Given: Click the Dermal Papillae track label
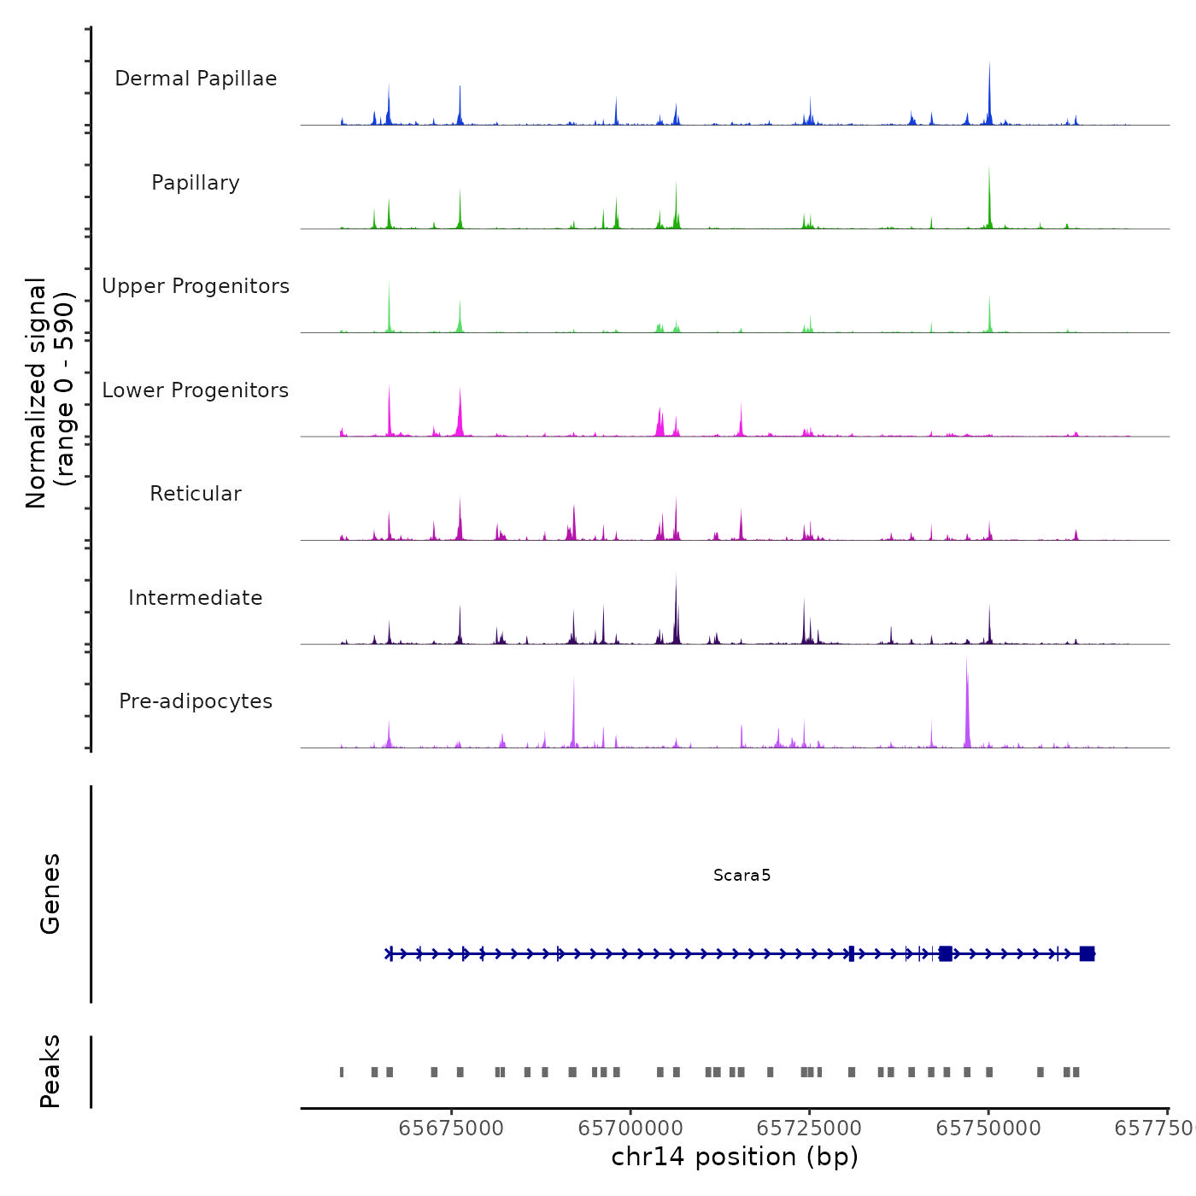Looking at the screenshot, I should pyautogui.click(x=196, y=79).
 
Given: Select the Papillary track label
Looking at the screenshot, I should pyautogui.click(x=196, y=183).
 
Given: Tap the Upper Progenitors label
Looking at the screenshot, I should pyautogui.click(x=196, y=286).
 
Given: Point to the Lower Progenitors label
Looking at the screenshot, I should pyautogui.click(x=196, y=390).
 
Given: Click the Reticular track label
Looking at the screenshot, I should pyautogui.click(x=196, y=494).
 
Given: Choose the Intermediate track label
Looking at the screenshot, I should pyautogui.click(x=196, y=598).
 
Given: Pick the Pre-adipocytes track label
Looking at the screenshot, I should pyautogui.click(x=196, y=701).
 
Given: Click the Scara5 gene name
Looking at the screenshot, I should pyautogui.click(x=742, y=875).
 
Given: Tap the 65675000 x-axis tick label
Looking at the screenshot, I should pyautogui.click(x=451, y=1129).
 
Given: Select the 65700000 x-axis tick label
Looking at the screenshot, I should pyautogui.click(x=630, y=1129).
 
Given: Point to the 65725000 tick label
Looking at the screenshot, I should pyautogui.click(x=809, y=1129).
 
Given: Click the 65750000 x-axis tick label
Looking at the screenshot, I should pyautogui.click(x=988, y=1129).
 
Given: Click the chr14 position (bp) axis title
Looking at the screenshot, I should pyautogui.click(x=735, y=1157).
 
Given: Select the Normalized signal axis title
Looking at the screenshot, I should pyautogui.click(x=50, y=393).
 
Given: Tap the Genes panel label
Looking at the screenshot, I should pyautogui.click(x=50, y=894).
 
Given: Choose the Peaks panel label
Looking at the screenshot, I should pyautogui.click(x=50, y=1071).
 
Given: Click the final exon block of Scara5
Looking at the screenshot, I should pyautogui.click(x=1087, y=953).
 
